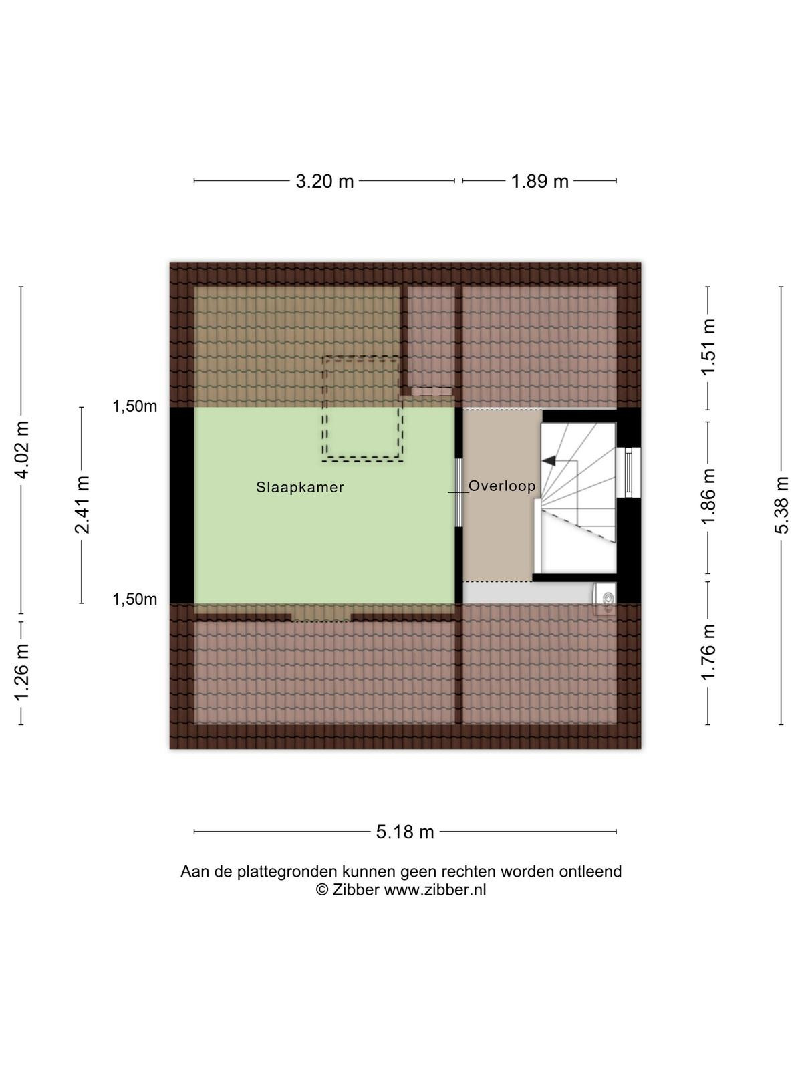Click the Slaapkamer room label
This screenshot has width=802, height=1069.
click(x=300, y=488)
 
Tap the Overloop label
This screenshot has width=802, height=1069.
click(x=502, y=486)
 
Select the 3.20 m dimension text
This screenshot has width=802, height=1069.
click(x=325, y=182)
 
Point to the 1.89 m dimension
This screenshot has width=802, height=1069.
click(x=539, y=182)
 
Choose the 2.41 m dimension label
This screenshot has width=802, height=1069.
click(x=82, y=505)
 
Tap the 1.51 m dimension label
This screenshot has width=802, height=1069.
click(x=708, y=347)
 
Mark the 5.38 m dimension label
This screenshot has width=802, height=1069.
click(x=781, y=505)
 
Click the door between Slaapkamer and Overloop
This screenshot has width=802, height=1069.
click(x=458, y=493)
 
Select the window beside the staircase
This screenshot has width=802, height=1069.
click(x=628, y=473)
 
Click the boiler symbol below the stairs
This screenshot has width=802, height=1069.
click(x=604, y=600)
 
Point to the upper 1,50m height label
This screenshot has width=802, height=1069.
click(x=135, y=406)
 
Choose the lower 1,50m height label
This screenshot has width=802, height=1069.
click(x=135, y=599)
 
